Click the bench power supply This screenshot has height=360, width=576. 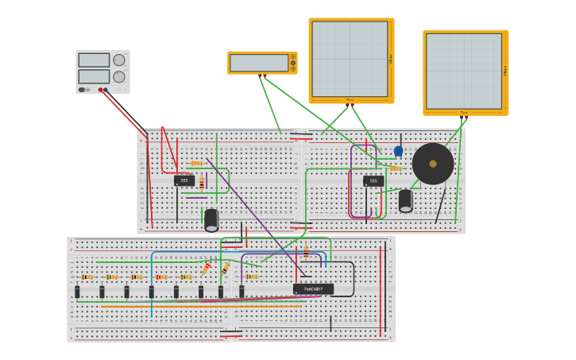pyautogui.click(x=102, y=72)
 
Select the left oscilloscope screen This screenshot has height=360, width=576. pyautogui.click(x=350, y=60)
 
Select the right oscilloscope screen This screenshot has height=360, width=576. pyautogui.click(x=464, y=72)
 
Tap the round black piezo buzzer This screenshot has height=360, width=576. pyautogui.click(x=433, y=164)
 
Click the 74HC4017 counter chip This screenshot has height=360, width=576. pyautogui.click(x=313, y=289)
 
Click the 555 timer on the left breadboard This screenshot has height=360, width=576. pyautogui.click(x=184, y=180)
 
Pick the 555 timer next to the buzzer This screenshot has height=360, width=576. pyautogui.click(x=373, y=181)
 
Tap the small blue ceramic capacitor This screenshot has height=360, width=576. pyautogui.click(x=398, y=151)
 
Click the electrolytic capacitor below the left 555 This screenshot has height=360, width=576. pyautogui.click(x=211, y=219)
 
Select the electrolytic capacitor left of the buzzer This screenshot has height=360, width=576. pyautogui.click(x=405, y=200)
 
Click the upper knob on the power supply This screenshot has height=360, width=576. pyautogui.click(x=119, y=60)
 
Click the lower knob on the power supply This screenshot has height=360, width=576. pyautogui.click(x=119, y=77)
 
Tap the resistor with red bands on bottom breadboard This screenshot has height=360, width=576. pyautogui.click(x=161, y=277)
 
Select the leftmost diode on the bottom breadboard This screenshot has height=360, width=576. pyautogui.click(x=77, y=292)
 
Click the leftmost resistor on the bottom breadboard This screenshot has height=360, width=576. pyautogui.click(x=87, y=277)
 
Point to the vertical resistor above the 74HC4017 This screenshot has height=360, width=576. pyautogui.click(x=306, y=253)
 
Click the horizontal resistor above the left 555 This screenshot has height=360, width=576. pyautogui.click(x=196, y=163)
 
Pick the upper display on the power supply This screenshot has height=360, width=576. pyautogui.click(x=94, y=60)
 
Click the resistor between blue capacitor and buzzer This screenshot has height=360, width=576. pyautogui.click(x=395, y=168)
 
